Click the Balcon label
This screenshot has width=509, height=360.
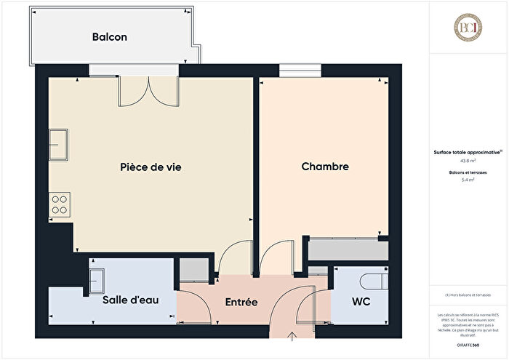(x=110, y=37)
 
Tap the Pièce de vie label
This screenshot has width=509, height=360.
(x=151, y=167)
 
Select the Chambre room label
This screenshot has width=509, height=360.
(x=325, y=167)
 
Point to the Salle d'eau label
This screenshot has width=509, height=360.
(x=130, y=300)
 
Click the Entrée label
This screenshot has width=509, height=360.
(x=241, y=301)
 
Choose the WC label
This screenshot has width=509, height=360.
(x=361, y=301)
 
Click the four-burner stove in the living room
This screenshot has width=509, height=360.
(x=59, y=205)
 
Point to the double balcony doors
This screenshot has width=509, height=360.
(x=148, y=90)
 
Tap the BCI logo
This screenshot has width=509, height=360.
(x=468, y=28)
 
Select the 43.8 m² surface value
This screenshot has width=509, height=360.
(x=468, y=160)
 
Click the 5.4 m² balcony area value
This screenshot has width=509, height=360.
(x=468, y=179)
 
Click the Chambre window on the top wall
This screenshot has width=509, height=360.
(x=293, y=71)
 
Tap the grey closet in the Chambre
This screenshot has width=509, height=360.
(x=346, y=251)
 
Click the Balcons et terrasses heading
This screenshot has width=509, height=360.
(x=468, y=172)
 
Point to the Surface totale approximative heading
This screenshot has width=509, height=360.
(x=467, y=152)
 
